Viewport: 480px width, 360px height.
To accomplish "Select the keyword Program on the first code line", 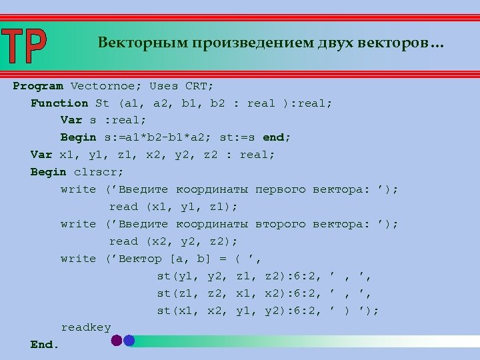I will pos(38,86).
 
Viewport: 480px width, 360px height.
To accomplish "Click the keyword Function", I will pos(59,103).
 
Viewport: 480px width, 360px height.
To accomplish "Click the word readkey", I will pos(86,327).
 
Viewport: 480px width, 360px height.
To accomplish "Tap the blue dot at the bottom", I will pos(129,340).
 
